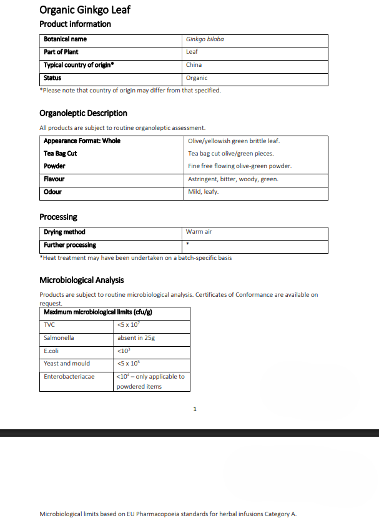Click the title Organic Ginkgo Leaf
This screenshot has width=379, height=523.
coord(85,10)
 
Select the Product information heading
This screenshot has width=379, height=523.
coord(75,24)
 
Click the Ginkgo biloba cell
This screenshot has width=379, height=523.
coord(205,39)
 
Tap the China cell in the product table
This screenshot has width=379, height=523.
coord(194,65)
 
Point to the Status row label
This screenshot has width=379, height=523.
coord(52,78)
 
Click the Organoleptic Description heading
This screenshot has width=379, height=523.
coord(83,113)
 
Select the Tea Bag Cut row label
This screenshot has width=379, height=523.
coord(61,154)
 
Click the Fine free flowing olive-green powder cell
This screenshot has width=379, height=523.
coord(240,166)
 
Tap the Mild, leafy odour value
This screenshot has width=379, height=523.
coord(203,192)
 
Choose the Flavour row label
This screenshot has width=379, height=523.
coord(54,179)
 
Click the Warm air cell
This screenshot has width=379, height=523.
coord(199,232)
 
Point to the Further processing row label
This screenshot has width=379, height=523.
coord(70,245)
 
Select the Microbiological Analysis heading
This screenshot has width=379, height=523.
coord(81,280)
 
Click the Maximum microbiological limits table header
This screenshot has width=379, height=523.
coord(98,312)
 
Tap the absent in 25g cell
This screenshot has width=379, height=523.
coord(135,338)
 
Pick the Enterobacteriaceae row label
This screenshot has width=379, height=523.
coord(69,377)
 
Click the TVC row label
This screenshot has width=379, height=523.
coord(49,325)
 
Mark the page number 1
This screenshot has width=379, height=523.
coord(195,409)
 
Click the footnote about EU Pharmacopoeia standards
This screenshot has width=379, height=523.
coord(168,514)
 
